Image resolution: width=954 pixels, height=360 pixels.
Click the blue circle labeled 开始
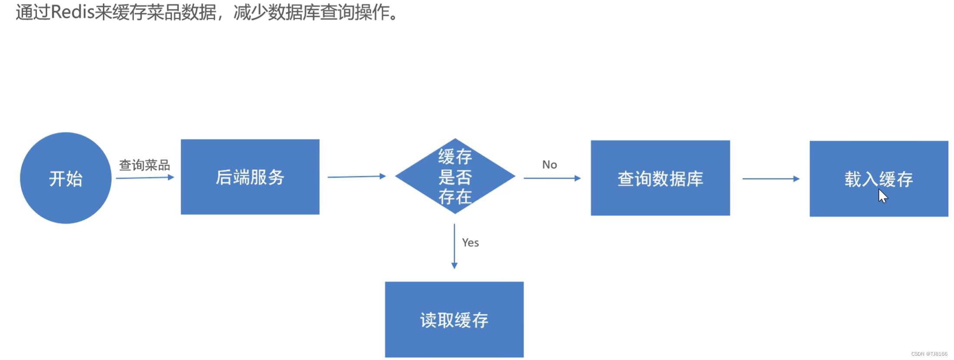coord(66,178)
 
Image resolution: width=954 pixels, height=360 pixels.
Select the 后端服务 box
coord(250,177)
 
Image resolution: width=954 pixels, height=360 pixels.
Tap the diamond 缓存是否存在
coord(455,176)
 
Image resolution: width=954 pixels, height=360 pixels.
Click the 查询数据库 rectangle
coord(660,178)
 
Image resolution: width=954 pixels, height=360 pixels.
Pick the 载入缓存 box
coord(878,178)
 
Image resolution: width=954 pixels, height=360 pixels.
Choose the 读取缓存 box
coord(454,320)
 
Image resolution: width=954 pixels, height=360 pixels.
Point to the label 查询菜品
coord(144,165)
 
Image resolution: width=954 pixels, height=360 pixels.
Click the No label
coord(549,165)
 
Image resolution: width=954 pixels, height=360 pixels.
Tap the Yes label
coord(470,243)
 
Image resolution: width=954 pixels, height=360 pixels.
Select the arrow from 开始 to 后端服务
coord(145,178)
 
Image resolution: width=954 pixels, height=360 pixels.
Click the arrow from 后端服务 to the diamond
coord(356,177)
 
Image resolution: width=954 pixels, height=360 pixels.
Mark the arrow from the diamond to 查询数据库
coord(552,178)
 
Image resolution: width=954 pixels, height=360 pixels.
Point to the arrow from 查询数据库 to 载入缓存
coord(770,178)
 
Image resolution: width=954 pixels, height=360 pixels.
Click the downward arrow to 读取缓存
coord(454,246)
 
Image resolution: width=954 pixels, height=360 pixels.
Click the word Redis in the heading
coord(73,12)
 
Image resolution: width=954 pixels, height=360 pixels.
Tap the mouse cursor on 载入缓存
coord(882,196)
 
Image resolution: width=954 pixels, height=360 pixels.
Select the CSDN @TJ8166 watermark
coord(929,354)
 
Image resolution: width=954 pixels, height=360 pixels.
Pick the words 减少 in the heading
coord(250,12)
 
